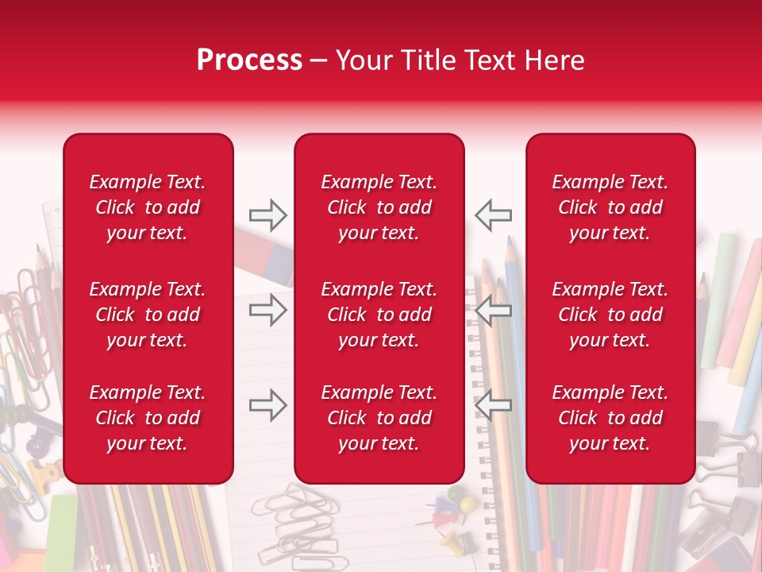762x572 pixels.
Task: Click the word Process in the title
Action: coord(249,60)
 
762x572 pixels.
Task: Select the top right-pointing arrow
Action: coord(267,214)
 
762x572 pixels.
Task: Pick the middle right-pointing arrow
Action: coord(267,309)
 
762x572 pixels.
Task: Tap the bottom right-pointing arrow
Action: coord(267,405)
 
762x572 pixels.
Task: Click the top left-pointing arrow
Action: coord(493,214)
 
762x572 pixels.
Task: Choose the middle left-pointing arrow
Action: coord(493,311)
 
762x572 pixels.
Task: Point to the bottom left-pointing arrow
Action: coord(493,405)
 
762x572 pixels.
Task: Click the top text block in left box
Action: coord(148,207)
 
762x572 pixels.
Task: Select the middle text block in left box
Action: coord(148,315)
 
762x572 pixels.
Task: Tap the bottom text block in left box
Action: coord(148,418)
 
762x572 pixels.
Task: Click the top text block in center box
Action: coord(379,207)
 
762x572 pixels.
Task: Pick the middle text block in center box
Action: coord(379,315)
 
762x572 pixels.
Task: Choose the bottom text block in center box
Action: coord(379,418)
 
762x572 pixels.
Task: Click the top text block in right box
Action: coord(610,207)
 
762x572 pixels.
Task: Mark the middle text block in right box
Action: coord(610,315)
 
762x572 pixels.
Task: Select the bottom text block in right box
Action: coord(610,418)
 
